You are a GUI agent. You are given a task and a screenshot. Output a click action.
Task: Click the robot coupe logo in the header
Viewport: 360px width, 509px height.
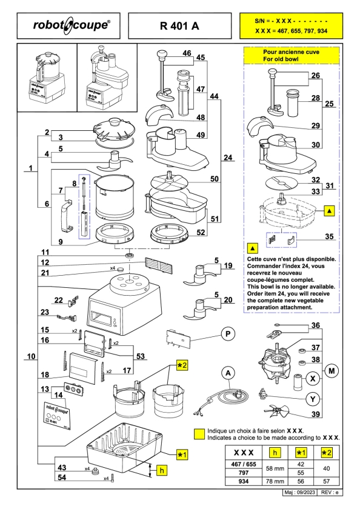pyautogui.click(x=72, y=25)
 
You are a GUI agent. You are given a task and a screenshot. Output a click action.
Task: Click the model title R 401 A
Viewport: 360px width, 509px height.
pyautogui.click(x=179, y=26)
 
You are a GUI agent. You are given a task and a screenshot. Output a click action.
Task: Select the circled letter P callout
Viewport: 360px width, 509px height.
pyautogui.click(x=228, y=334)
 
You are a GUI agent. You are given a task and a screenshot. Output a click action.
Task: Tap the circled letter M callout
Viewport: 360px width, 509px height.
pyautogui.click(x=332, y=371)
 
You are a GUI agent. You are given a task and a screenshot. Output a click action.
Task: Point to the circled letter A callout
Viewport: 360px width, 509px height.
pyautogui.click(x=228, y=373)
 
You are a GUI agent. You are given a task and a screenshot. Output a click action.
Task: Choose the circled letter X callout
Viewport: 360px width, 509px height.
pyautogui.click(x=313, y=379)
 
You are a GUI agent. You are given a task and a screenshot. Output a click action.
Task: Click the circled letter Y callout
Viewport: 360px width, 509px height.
pyautogui.click(x=313, y=399)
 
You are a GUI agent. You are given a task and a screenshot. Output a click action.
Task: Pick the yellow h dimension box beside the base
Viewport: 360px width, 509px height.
pyautogui.click(x=162, y=470)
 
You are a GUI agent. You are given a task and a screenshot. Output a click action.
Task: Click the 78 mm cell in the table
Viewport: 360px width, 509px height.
pyautogui.click(x=275, y=481)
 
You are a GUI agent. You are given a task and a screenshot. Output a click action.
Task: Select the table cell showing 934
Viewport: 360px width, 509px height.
pyautogui.click(x=244, y=481)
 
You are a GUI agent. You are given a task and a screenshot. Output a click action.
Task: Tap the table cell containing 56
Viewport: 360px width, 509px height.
pyautogui.click(x=301, y=481)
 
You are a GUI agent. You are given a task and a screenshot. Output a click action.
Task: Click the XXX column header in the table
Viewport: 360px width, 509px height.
pyautogui.click(x=244, y=453)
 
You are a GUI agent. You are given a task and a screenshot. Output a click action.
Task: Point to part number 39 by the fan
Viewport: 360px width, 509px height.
pyautogui.click(x=316, y=414)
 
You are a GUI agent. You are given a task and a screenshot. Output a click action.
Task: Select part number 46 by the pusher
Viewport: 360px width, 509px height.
pyautogui.click(x=187, y=53)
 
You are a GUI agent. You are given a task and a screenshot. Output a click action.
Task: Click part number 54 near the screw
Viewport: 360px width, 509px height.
pyautogui.click(x=62, y=477)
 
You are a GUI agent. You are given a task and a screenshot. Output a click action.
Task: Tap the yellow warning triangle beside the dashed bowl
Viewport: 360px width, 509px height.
pyautogui.click(x=330, y=211)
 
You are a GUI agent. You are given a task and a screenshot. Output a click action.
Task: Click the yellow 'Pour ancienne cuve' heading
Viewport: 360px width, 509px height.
pyautogui.click(x=291, y=56)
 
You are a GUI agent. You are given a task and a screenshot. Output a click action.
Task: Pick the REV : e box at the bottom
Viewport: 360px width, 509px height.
pyautogui.click(x=330, y=493)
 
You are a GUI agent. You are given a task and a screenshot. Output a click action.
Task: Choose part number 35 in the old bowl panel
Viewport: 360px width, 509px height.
pyautogui.click(x=329, y=236)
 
